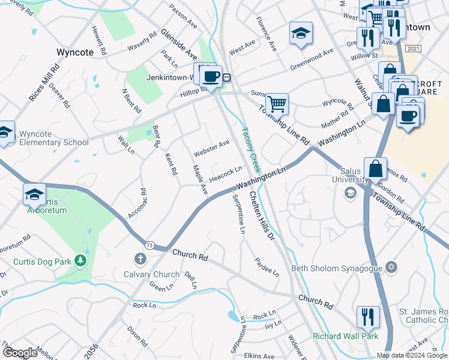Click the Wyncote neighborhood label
coord(75,52)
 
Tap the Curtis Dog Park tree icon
coord(79,261)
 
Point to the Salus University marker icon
coord(349,193)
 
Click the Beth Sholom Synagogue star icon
coord(392,266)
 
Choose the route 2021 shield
coord(413,49)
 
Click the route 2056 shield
coord(91,352)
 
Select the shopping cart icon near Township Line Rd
coord(277,103)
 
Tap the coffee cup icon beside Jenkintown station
coord(211,76)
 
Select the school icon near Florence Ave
coord(301,32)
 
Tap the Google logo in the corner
coord(20,353)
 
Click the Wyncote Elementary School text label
coord(53,138)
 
